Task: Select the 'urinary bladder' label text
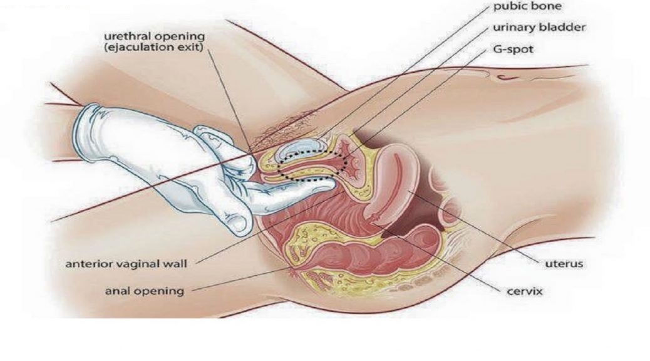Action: click(x=539, y=29)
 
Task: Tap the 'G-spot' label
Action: click(x=513, y=49)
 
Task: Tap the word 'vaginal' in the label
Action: click(x=143, y=263)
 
